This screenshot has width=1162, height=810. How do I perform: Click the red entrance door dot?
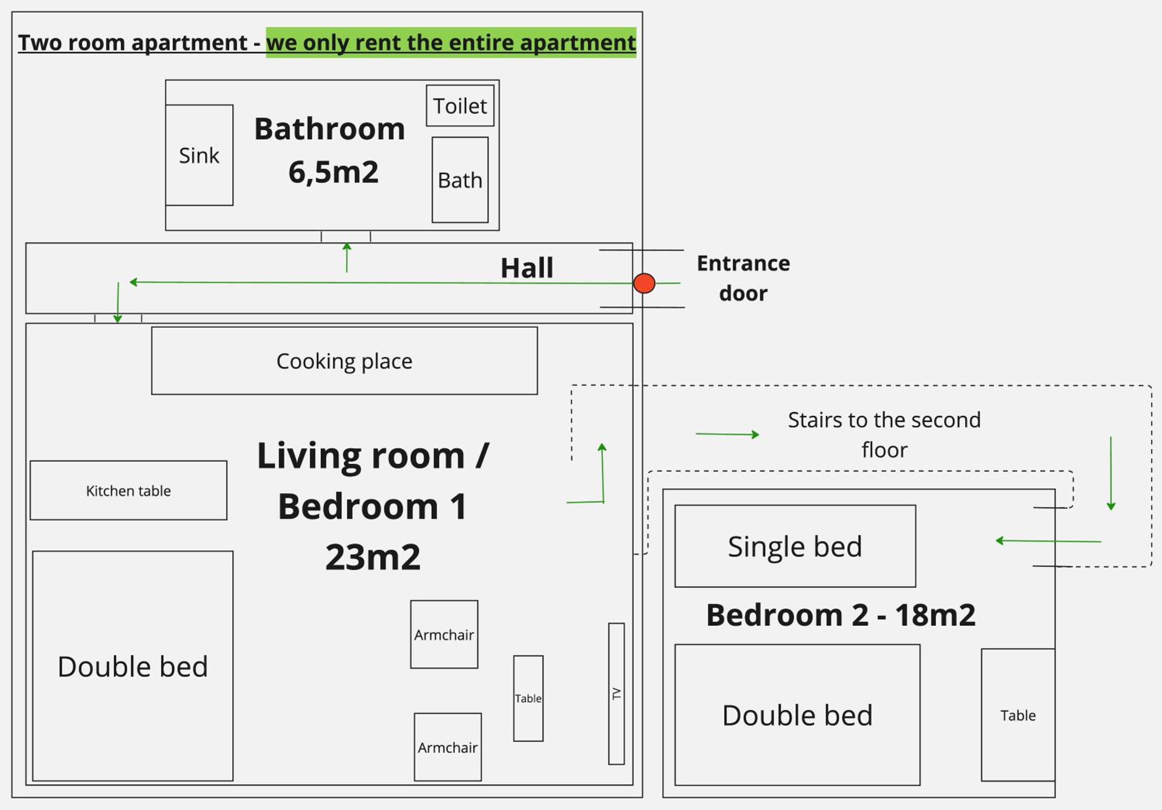coord(644,283)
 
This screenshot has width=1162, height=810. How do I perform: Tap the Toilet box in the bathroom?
coord(460,106)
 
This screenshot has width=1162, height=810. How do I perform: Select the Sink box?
coord(199,155)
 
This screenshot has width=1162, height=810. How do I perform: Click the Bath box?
coord(460,180)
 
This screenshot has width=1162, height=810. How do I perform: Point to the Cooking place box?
coord(345,361)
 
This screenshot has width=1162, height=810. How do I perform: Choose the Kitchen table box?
coord(129,490)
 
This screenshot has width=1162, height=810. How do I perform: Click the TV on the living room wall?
coord(616,693)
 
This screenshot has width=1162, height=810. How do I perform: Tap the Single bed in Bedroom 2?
coord(795,546)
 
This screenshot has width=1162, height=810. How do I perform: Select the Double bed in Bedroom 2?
coord(798,715)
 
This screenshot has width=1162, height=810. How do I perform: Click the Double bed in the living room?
coord(132,666)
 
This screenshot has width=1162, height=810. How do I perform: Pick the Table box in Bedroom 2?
coord(1018,715)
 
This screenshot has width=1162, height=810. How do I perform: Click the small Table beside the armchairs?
coord(528,698)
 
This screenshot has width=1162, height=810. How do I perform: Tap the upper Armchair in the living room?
coord(444,635)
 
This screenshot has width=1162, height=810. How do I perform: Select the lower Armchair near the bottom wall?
coord(448,747)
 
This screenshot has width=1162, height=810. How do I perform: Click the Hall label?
coord(527,268)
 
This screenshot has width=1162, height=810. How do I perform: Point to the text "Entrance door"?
coord(743,278)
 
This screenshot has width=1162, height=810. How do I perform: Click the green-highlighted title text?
coord(451,43)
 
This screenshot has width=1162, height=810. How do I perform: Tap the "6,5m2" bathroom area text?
coord(333,172)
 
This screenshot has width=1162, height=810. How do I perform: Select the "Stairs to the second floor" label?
coord(884,434)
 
